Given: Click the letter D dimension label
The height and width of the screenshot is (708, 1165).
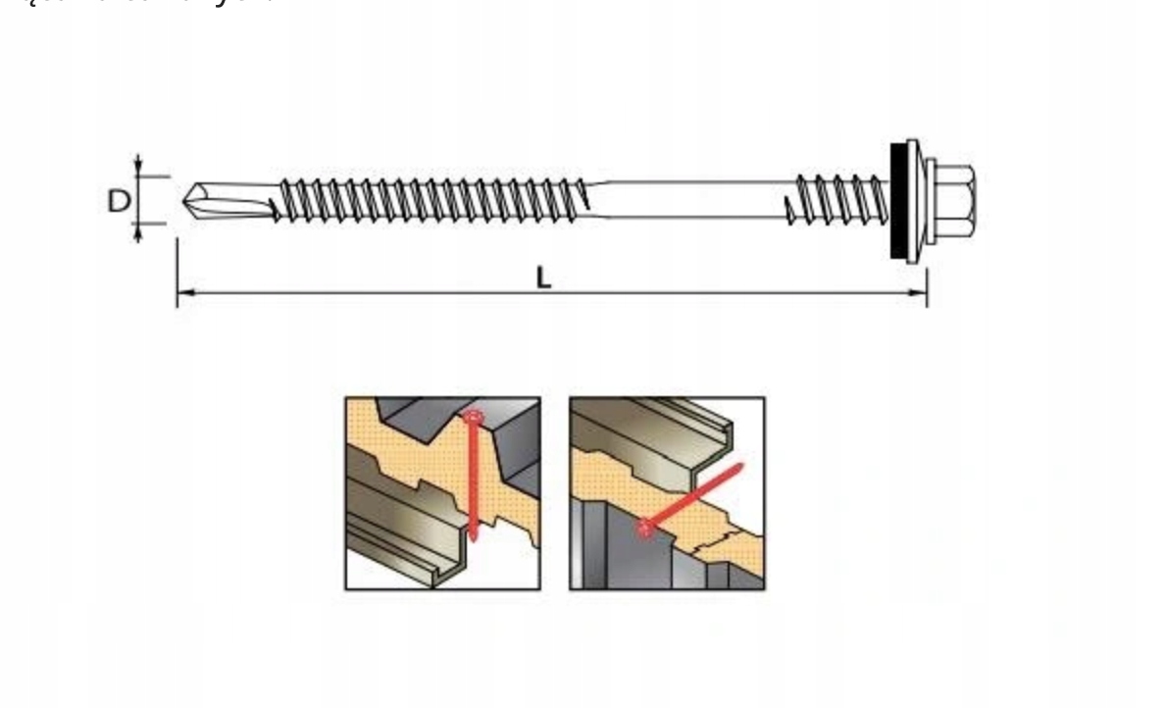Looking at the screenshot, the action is pyautogui.click(x=119, y=201).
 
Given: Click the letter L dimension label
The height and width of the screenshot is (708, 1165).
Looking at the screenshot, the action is pyautogui.click(x=543, y=278).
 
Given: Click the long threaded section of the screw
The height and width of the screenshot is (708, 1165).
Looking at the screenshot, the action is pyautogui.click(x=431, y=200).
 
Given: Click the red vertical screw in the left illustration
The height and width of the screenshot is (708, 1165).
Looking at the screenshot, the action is pyautogui.click(x=474, y=480).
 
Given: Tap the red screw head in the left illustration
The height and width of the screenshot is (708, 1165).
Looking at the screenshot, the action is pyautogui.click(x=475, y=418).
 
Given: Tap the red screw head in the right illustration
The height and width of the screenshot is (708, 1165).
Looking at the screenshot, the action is pyautogui.click(x=644, y=528).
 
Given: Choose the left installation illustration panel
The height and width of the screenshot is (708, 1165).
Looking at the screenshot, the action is pyautogui.click(x=442, y=493).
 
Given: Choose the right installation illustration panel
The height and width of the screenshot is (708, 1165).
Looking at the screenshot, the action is pyautogui.click(x=667, y=493).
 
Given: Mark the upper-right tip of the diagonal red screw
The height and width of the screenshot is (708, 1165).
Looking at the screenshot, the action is pyautogui.click(x=741, y=464).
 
